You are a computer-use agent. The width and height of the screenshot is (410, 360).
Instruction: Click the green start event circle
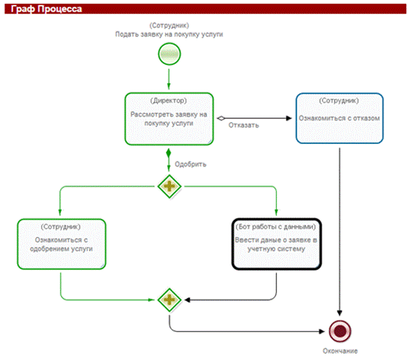coord(169,54)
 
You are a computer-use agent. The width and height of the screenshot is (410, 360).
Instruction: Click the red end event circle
coord(340,331)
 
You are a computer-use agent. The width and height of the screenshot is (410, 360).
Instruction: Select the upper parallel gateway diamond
coord(170,186)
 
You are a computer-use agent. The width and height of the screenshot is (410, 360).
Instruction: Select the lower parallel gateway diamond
coord(170,300)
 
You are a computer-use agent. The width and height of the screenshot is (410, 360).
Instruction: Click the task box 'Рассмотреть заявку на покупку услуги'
coord(169,119)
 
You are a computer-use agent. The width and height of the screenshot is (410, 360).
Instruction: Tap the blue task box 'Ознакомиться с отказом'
coord(340,118)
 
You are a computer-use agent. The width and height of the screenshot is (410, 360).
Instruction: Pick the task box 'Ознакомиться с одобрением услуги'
coord(62,244)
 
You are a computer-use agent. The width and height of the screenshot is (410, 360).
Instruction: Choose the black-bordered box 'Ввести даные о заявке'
coord(276,244)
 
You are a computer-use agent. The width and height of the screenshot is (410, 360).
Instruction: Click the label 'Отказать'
coord(243,125)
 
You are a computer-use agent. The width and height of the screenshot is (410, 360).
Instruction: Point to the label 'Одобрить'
coord(191,164)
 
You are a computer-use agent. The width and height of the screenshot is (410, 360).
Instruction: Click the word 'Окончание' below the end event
coord(340,351)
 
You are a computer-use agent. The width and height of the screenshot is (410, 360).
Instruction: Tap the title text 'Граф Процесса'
coord(46,9)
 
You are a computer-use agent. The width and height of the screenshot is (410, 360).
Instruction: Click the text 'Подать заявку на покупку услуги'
coord(169,34)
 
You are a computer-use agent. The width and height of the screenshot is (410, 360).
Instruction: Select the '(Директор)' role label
coord(169,100)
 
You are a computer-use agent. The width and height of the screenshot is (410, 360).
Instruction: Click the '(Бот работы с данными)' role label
coord(276,227)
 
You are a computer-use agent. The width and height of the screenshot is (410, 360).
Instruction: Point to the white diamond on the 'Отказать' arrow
coord(221,118)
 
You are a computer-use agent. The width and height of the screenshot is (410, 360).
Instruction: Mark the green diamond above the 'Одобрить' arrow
coord(169,153)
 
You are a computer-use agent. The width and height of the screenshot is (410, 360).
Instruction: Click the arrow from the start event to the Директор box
coord(169,79)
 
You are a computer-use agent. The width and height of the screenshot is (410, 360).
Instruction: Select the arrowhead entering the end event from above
coord(340,313)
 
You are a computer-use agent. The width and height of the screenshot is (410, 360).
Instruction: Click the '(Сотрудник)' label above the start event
coord(169,25)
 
